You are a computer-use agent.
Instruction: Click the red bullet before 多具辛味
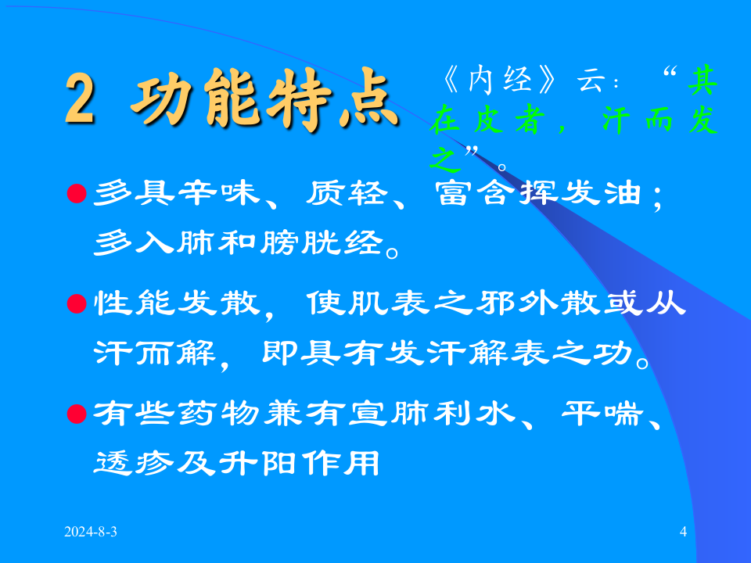(77, 192)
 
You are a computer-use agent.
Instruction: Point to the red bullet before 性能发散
(77, 303)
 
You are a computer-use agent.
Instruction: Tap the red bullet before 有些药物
(77, 412)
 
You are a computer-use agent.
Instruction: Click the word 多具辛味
(174, 192)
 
